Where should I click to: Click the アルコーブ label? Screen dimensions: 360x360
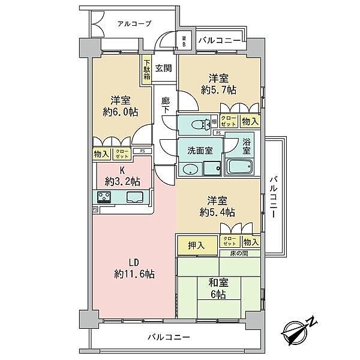(134, 23)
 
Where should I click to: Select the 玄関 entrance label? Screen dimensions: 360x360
(163, 68)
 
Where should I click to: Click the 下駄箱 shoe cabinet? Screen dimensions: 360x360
(146, 68)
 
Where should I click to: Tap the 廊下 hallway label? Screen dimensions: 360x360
(166, 106)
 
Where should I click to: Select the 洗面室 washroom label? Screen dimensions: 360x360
(200, 150)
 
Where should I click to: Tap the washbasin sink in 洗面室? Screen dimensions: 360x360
(190, 169)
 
